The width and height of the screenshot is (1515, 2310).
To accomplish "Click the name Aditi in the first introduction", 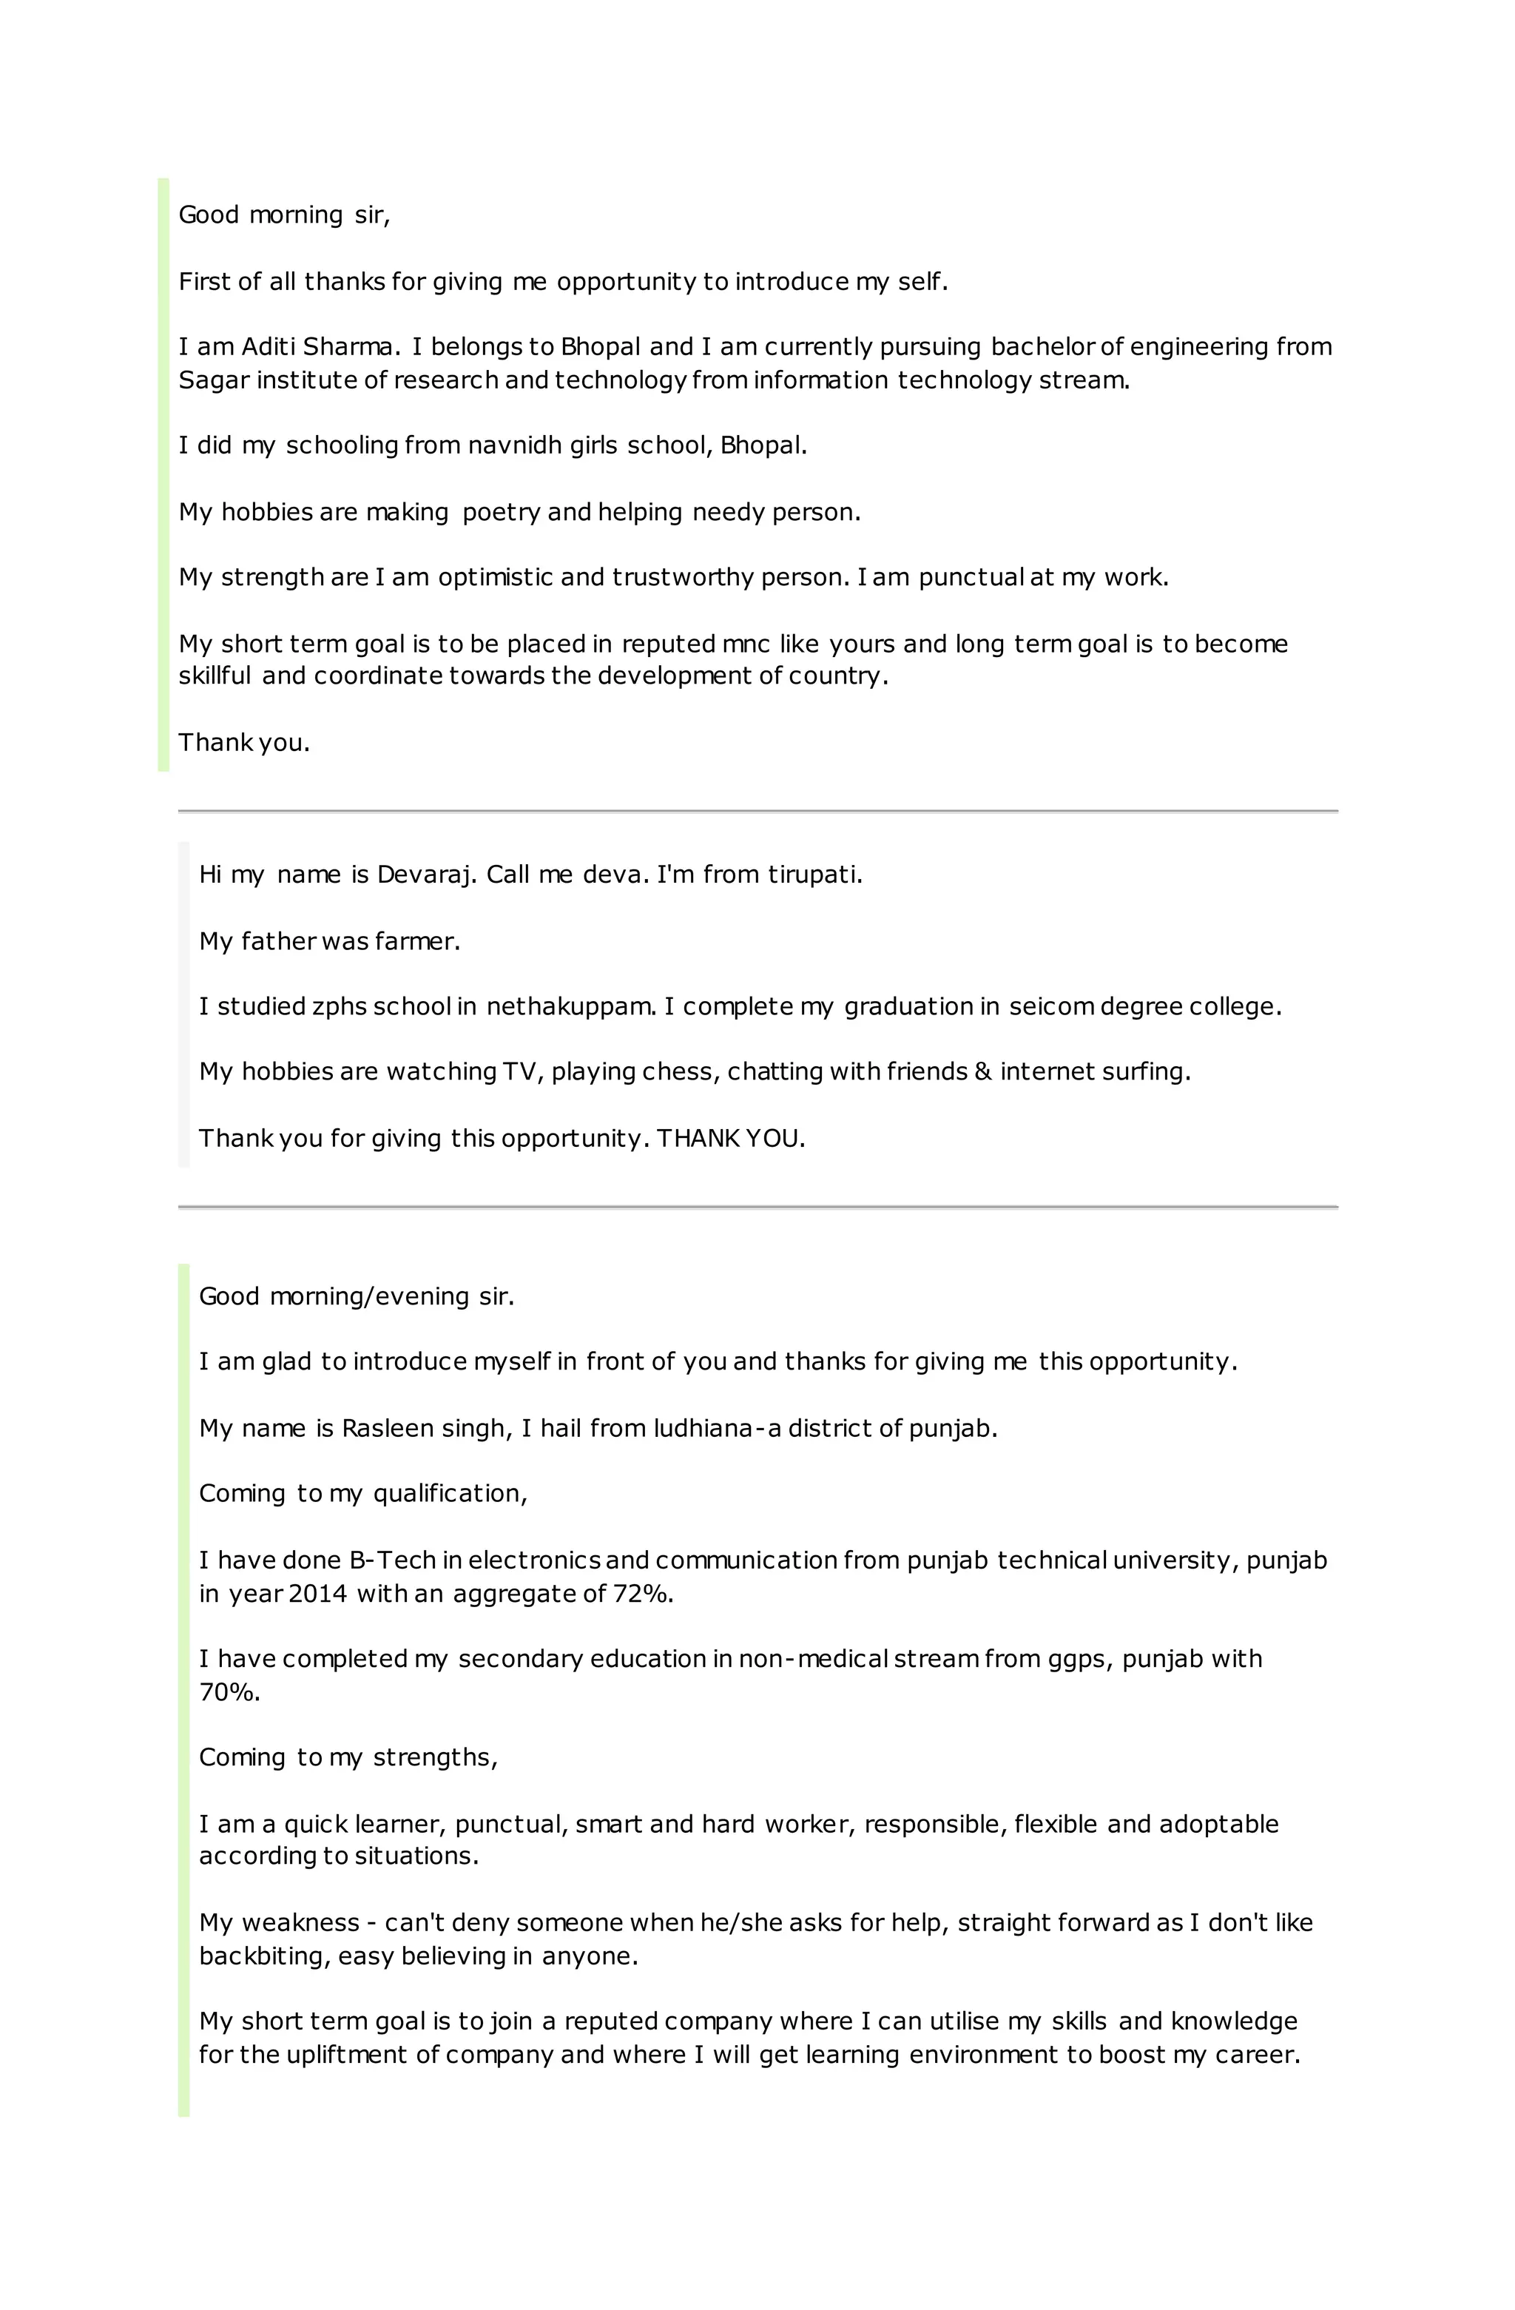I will click(265, 346).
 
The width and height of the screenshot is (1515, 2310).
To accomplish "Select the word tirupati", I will click(814, 875).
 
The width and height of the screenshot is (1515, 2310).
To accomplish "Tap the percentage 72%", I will click(643, 1593).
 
